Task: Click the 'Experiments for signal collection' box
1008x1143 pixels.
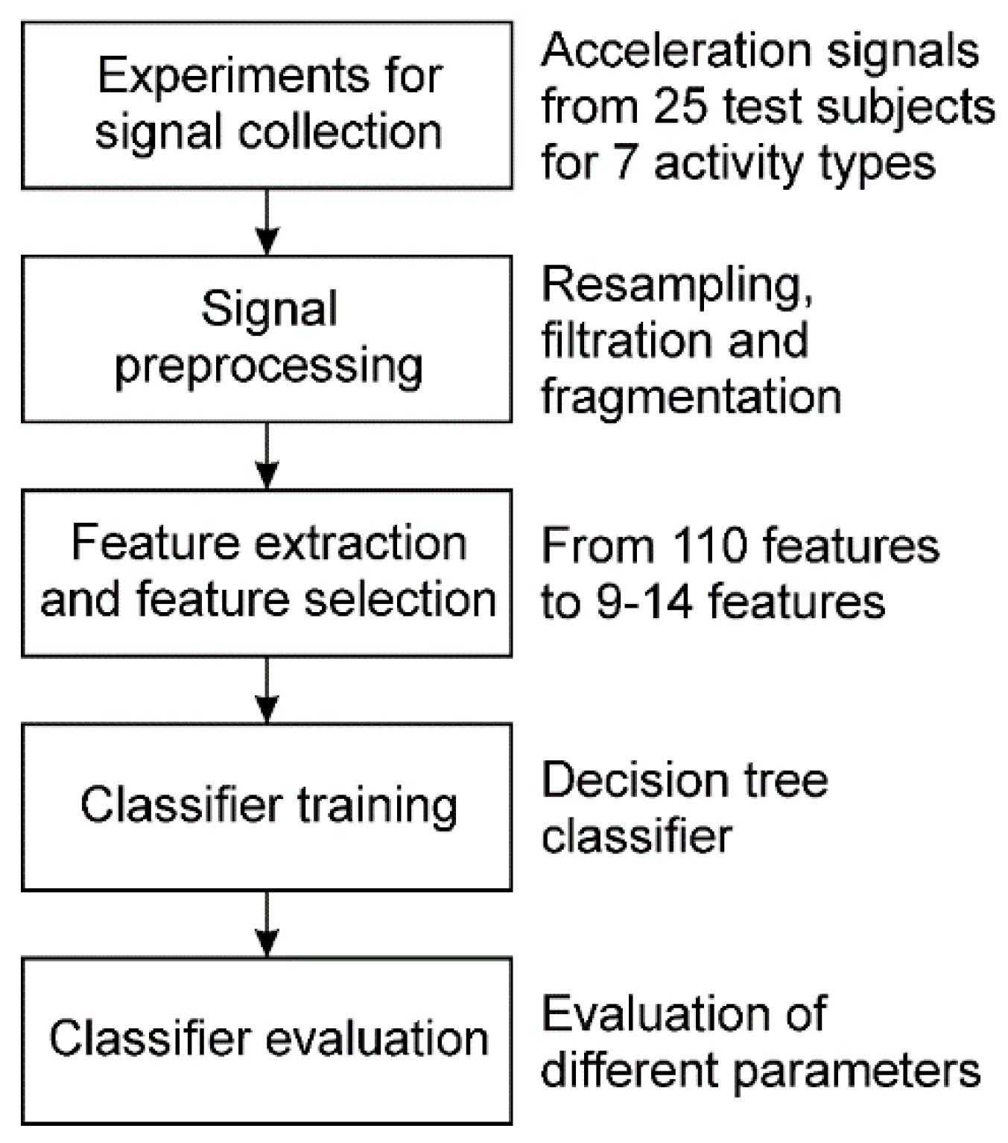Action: point(267,105)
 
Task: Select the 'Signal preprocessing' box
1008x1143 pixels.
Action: point(267,339)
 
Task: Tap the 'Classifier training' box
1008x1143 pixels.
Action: point(267,806)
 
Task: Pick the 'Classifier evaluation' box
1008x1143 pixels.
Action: point(267,1040)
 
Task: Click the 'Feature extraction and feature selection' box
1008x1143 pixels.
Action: point(267,573)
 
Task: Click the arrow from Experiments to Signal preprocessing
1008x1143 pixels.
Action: point(267,222)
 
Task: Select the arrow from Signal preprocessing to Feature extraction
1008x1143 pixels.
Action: point(267,456)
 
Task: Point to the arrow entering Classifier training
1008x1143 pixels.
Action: point(267,690)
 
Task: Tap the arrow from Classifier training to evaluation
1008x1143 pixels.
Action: point(267,923)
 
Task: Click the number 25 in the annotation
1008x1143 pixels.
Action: point(680,106)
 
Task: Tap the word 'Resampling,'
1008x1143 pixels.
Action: point(677,285)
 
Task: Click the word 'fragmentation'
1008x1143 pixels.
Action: point(691,397)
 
